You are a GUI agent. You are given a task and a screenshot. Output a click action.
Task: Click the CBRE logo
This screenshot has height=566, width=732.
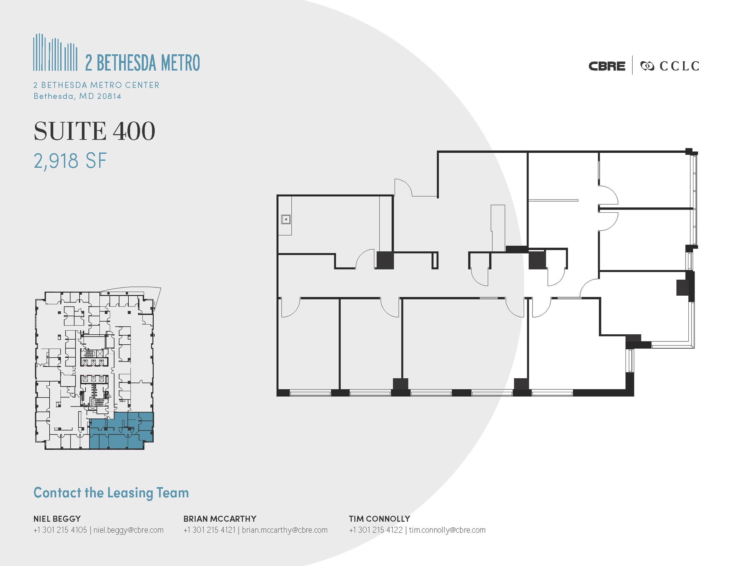point(607,66)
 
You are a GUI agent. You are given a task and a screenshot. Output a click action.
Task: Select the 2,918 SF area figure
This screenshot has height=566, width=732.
point(70,161)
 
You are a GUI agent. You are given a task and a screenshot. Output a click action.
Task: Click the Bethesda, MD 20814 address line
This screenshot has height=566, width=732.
point(77,96)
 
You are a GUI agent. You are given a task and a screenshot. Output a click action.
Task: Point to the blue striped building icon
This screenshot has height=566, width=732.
point(55,53)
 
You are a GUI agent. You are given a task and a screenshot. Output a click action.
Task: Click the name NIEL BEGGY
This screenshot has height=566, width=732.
point(57,518)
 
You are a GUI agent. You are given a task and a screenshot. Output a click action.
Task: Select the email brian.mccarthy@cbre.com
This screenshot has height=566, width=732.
point(285,530)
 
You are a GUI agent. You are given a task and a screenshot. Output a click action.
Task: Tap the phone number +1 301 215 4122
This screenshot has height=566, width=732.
point(376,530)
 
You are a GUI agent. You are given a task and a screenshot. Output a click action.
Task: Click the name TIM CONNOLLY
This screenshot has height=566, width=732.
point(379,518)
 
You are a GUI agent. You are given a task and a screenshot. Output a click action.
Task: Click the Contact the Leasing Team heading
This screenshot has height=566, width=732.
point(111,493)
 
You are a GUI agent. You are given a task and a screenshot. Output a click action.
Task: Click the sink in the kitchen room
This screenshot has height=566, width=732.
point(286,219)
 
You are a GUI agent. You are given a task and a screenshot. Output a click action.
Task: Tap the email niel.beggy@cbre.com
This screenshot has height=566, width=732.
point(128,530)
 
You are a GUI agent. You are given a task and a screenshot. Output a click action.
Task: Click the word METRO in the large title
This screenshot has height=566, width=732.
point(180,63)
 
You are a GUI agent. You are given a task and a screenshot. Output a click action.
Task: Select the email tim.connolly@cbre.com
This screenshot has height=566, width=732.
point(447,530)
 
